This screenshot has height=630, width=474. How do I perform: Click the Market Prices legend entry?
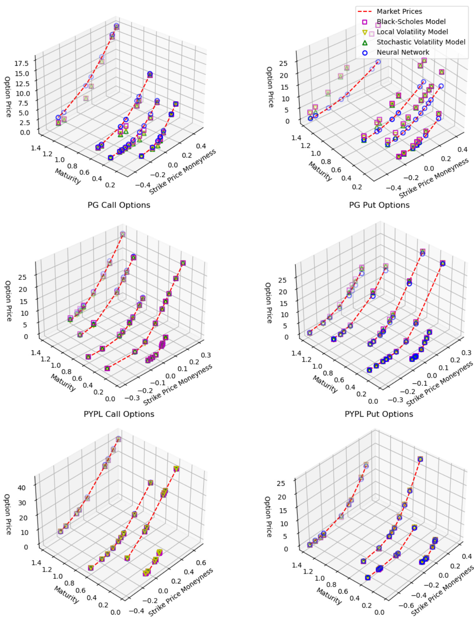click(399, 11)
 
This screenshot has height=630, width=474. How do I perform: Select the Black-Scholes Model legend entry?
click(411, 22)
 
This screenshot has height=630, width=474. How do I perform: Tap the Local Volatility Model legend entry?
click(412, 32)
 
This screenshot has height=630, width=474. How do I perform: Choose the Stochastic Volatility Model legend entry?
click(421, 42)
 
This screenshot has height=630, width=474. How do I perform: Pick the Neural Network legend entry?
click(403, 52)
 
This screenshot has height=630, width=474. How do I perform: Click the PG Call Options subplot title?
click(119, 205)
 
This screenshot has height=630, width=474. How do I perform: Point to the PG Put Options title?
click(379, 205)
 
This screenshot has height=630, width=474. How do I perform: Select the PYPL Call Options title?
click(119, 414)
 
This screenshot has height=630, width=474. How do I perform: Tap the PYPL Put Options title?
click(379, 414)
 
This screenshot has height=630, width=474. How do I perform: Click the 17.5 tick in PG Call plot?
click(22, 63)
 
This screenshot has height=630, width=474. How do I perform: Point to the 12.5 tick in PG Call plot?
click(22, 84)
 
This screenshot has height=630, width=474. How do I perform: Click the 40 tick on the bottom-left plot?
click(22, 488)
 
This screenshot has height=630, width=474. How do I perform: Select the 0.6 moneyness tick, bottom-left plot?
click(201, 563)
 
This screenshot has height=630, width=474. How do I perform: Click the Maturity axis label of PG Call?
click(68, 176)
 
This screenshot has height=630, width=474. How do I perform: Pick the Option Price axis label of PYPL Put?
click(268, 303)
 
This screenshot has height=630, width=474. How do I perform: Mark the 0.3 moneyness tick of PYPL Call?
click(206, 355)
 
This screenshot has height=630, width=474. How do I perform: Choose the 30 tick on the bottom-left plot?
click(22, 503)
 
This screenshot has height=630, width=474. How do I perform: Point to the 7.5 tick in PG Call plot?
click(24, 103)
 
